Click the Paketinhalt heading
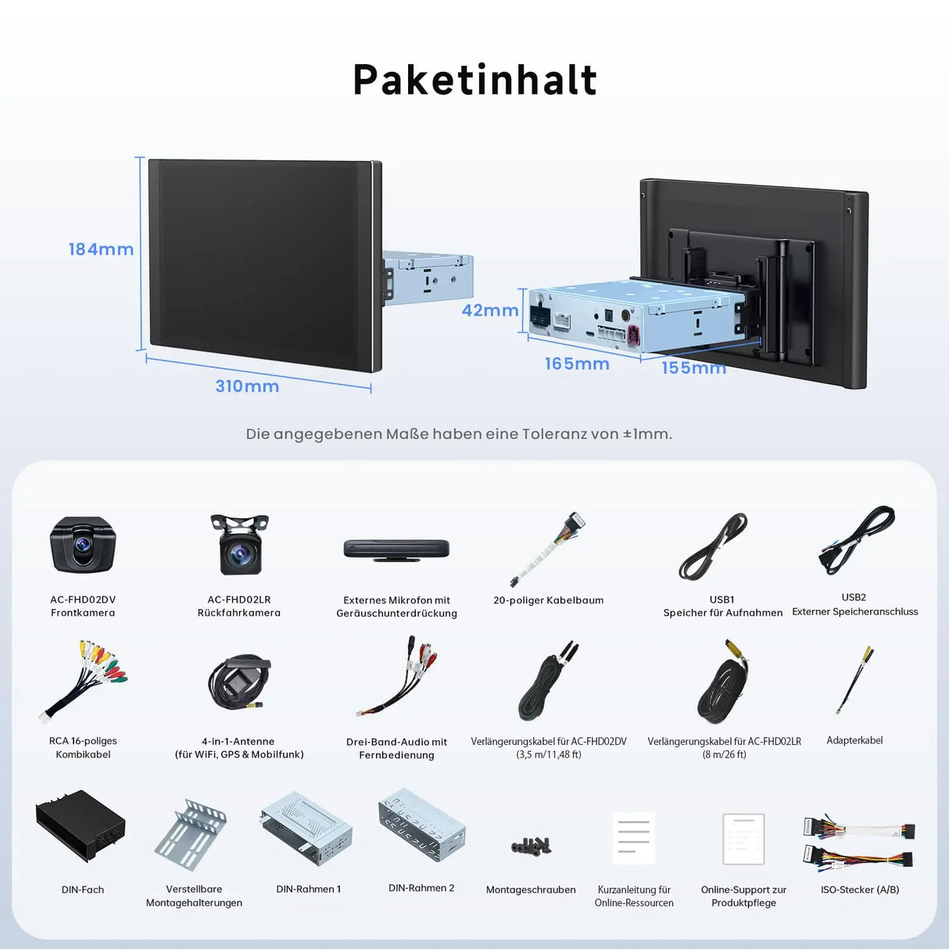[474, 80]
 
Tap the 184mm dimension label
[101, 249]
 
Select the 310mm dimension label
[247, 386]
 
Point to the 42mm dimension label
[490, 310]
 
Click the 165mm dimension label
[577, 363]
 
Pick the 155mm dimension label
[694, 368]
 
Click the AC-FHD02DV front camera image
[83, 545]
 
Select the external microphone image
[396, 549]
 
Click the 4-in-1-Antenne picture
[239, 682]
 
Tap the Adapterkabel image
[854, 680]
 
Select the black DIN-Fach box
[81, 826]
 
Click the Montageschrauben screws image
[532, 846]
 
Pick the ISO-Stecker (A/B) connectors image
[858, 844]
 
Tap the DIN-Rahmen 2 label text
[421, 888]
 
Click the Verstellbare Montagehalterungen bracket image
[191, 834]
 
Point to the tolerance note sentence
[459, 434]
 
